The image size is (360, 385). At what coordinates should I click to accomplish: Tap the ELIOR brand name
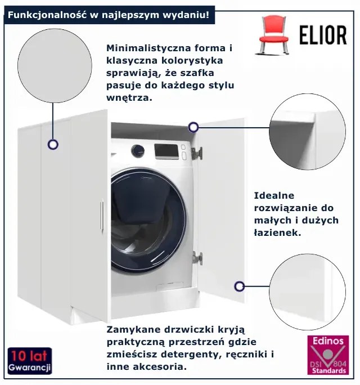(x=323, y=35)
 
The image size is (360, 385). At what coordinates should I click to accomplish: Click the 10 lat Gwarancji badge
(x=29, y=361)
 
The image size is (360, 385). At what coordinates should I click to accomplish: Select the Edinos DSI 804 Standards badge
(x=328, y=355)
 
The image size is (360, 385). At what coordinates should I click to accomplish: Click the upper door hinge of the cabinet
(x=197, y=153)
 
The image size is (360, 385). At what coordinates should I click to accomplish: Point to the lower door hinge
(x=197, y=258)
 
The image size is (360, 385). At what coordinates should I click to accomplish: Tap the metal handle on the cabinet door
(x=102, y=216)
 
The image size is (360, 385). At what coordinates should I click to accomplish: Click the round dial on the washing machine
(x=138, y=151)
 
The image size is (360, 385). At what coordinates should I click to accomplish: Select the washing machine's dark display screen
(x=166, y=151)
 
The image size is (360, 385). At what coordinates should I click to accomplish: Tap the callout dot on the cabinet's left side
(x=53, y=144)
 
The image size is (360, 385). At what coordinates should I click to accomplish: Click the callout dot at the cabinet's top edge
(x=193, y=127)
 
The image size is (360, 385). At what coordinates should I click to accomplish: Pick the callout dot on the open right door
(x=239, y=286)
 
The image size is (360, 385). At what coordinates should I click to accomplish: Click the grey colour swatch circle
(x=55, y=65)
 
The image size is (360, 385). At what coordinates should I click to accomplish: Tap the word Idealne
(x=274, y=195)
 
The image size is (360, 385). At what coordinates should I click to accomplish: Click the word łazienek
(x=277, y=232)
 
